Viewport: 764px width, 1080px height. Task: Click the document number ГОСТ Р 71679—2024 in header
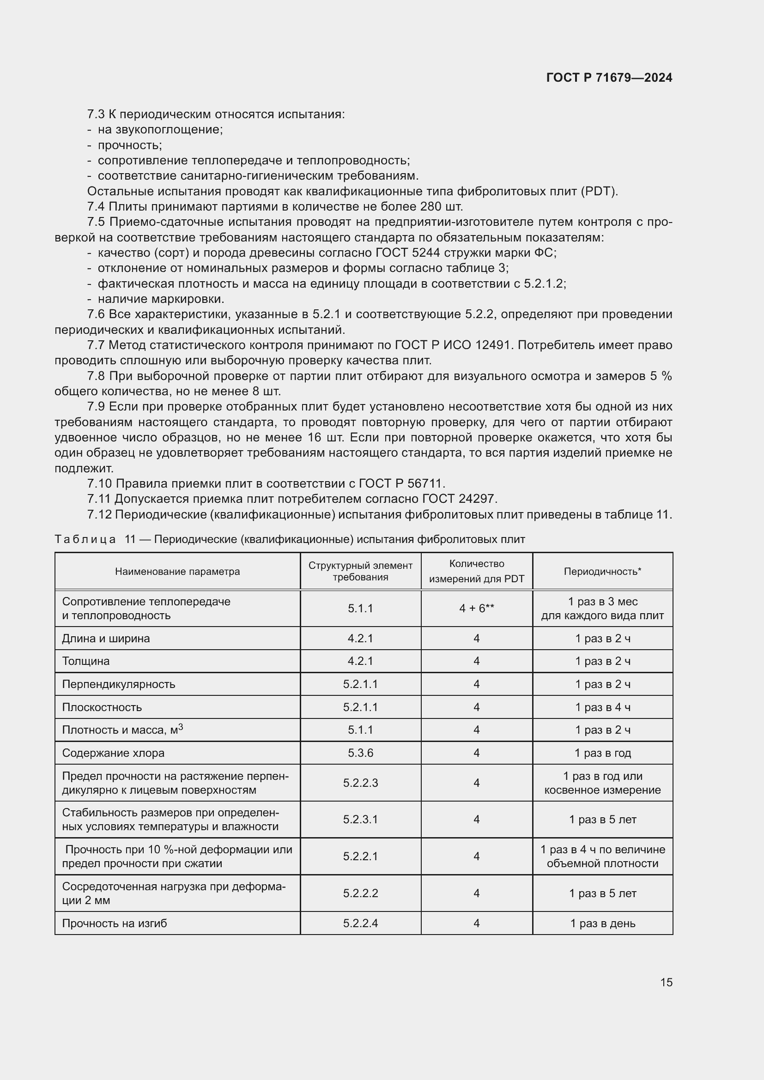coord(609,78)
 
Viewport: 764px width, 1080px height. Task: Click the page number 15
coord(666,982)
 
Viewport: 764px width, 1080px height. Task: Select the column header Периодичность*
coord(602,572)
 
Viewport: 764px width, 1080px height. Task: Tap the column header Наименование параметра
coord(177,572)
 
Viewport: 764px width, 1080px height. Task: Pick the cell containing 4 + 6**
coord(477,608)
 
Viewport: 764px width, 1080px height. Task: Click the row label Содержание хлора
coord(113,753)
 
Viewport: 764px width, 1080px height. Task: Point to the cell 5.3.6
coord(360,753)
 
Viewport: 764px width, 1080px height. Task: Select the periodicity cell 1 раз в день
coord(602,923)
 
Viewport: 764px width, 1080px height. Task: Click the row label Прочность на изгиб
coord(114,923)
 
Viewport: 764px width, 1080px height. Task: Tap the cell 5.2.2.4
coord(360,923)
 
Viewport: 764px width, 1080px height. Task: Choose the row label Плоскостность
coord(102,707)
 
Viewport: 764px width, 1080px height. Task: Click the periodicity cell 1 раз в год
coord(602,753)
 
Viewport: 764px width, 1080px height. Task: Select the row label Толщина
coord(85,661)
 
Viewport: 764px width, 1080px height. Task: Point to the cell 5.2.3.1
coord(360,820)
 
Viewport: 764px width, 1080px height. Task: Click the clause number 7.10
coord(99,483)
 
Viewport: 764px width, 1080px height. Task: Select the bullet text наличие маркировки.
coord(161,299)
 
